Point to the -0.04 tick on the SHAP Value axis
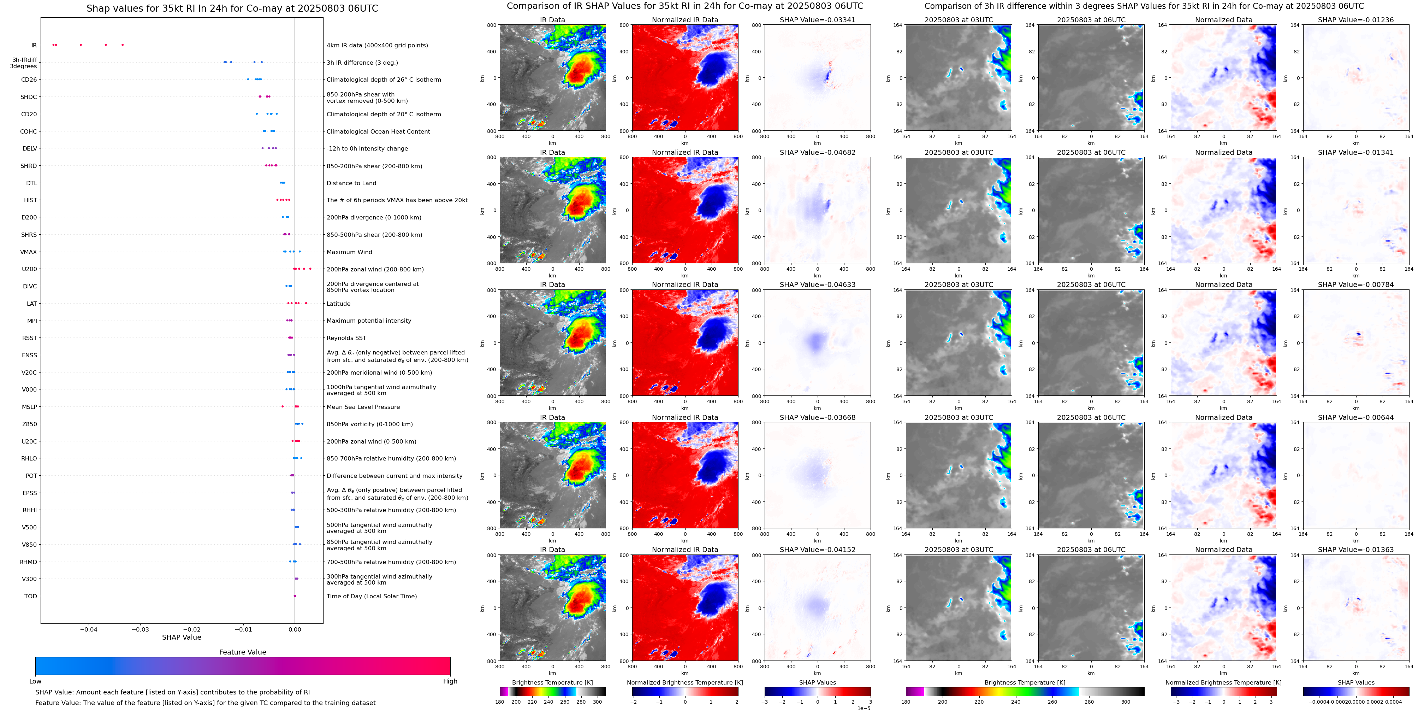point(89,629)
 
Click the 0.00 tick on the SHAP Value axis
point(295,629)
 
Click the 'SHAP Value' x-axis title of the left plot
point(181,637)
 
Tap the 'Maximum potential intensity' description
point(369,321)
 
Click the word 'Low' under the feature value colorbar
point(35,681)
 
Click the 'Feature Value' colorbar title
point(242,652)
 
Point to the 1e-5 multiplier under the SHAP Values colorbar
point(864,708)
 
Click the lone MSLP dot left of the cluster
point(283,406)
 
